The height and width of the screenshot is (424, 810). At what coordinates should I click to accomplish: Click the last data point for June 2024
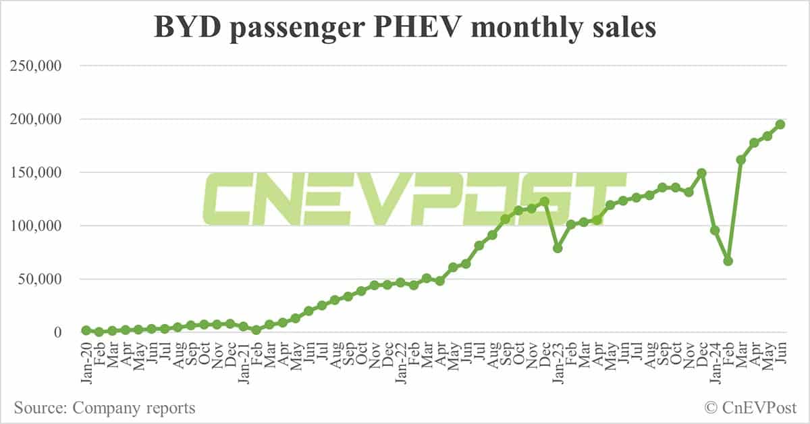pyautogui.click(x=780, y=124)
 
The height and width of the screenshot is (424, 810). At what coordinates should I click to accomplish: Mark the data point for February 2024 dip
pyautogui.click(x=728, y=261)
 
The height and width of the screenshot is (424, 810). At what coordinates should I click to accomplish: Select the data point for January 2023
pyautogui.click(x=558, y=248)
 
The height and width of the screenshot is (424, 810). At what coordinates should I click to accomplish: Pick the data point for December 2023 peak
pyautogui.click(x=702, y=173)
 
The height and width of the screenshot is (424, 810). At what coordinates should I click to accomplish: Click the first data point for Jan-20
pyautogui.click(x=86, y=330)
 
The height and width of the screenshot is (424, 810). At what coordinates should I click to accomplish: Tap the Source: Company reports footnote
pyautogui.click(x=105, y=408)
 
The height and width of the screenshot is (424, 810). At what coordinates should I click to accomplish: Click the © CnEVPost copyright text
pyautogui.click(x=751, y=408)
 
